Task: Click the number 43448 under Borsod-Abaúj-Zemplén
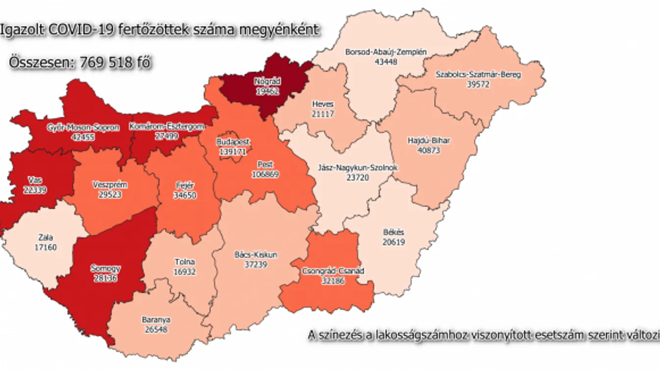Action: point(386,61)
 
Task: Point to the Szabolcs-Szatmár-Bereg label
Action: point(478,75)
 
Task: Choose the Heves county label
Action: point(322,104)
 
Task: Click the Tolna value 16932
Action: point(184,272)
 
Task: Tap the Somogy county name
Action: point(105,269)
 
